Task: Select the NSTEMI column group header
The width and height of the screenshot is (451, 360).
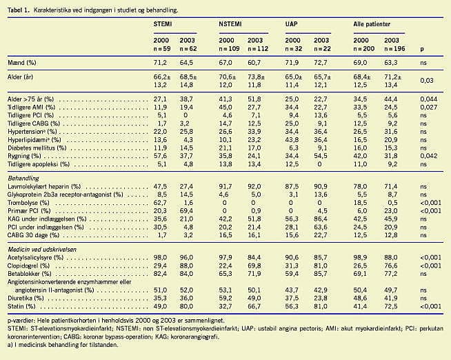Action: coord(231,23)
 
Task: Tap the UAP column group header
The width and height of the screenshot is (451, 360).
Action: coord(292,23)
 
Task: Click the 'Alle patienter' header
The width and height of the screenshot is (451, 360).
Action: coord(372,23)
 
